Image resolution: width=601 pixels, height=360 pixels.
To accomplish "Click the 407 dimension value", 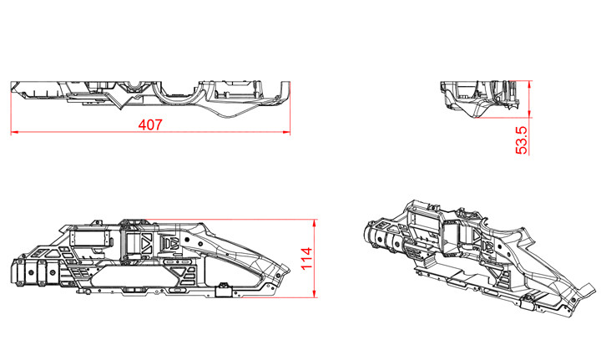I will pyautogui.click(x=149, y=124).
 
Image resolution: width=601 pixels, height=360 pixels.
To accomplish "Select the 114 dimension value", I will pyautogui.click(x=307, y=256).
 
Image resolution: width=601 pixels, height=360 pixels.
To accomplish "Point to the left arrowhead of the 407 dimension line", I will pyautogui.click(x=13, y=132).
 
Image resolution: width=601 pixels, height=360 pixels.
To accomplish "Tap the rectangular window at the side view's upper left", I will pyautogui.click(x=89, y=238).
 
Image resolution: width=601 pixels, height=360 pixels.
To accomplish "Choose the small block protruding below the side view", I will pyautogui.click(x=223, y=290).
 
